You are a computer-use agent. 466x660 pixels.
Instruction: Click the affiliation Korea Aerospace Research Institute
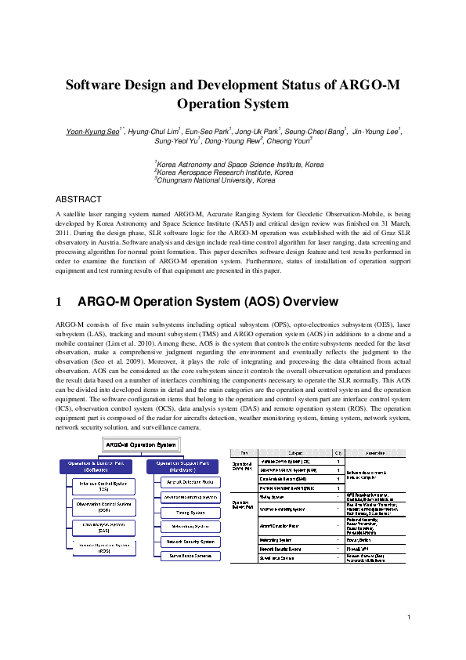(226, 172)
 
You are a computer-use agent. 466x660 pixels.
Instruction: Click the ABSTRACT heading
(80, 200)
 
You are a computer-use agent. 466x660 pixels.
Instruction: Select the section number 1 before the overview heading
(60, 302)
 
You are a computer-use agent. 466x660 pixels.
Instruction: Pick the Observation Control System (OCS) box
(93, 506)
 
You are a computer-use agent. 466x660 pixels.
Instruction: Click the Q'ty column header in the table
(338, 454)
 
